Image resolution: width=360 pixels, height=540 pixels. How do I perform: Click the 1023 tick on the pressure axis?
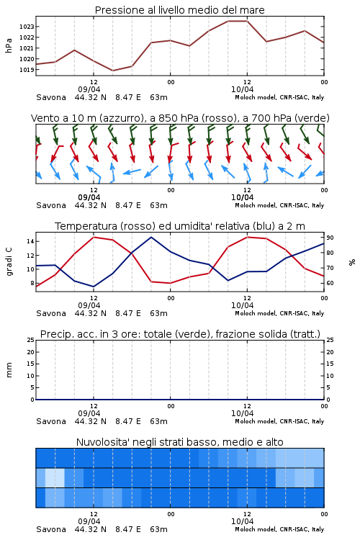pyautogui.click(x=27, y=27)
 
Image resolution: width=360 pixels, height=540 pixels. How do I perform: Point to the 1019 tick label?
pyautogui.click(x=27, y=70)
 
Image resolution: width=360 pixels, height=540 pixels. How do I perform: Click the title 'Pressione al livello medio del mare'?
pyautogui.click(x=180, y=10)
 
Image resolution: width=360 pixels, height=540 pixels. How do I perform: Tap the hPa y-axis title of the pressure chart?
pyautogui.click(x=9, y=45)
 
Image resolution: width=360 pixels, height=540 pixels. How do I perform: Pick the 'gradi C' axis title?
pyautogui.click(x=9, y=262)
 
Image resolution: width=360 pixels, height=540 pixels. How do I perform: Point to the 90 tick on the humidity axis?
pyautogui.click(x=330, y=238)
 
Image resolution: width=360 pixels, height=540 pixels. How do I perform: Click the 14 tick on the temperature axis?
pyautogui.click(x=30, y=241)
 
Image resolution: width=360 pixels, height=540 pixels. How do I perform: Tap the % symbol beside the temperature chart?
pyautogui.click(x=352, y=262)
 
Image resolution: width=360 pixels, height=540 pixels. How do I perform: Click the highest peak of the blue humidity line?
pyautogui.click(x=151, y=237)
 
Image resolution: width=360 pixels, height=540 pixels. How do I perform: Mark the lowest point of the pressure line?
pyautogui.click(x=112, y=71)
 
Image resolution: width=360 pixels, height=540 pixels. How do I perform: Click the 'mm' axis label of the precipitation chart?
pyautogui.click(x=9, y=370)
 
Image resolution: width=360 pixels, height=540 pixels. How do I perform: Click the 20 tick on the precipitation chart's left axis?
pyautogui.click(x=30, y=352)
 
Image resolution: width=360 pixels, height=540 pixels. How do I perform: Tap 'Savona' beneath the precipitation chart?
pyautogui.click(x=51, y=421)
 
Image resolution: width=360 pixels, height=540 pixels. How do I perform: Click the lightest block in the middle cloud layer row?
pyautogui.click(x=55, y=477)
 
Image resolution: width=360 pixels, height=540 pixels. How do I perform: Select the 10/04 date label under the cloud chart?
pyautogui.click(x=242, y=521)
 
